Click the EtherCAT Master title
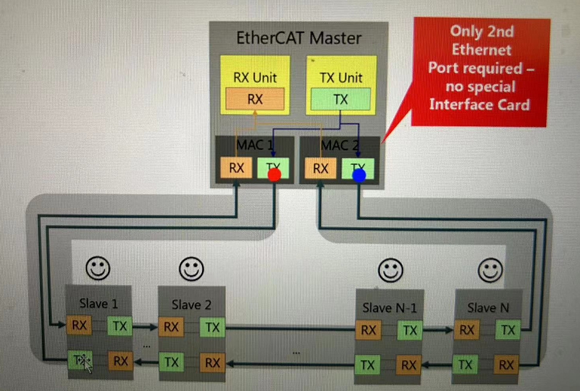(x=298, y=38)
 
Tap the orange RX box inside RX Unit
(x=255, y=99)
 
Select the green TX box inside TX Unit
(x=340, y=100)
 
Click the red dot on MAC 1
(x=273, y=176)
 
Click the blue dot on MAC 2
(x=359, y=176)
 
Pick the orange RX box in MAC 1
(x=236, y=168)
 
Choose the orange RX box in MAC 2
(x=320, y=168)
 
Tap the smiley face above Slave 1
(x=98, y=268)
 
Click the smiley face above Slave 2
(x=191, y=268)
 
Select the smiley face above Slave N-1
(x=389, y=270)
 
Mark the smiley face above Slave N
(x=490, y=271)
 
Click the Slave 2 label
(x=191, y=305)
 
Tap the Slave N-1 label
(x=389, y=308)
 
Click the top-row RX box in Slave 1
(x=79, y=325)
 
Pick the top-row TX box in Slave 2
(x=213, y=327)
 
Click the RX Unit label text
(x=255, y=78)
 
